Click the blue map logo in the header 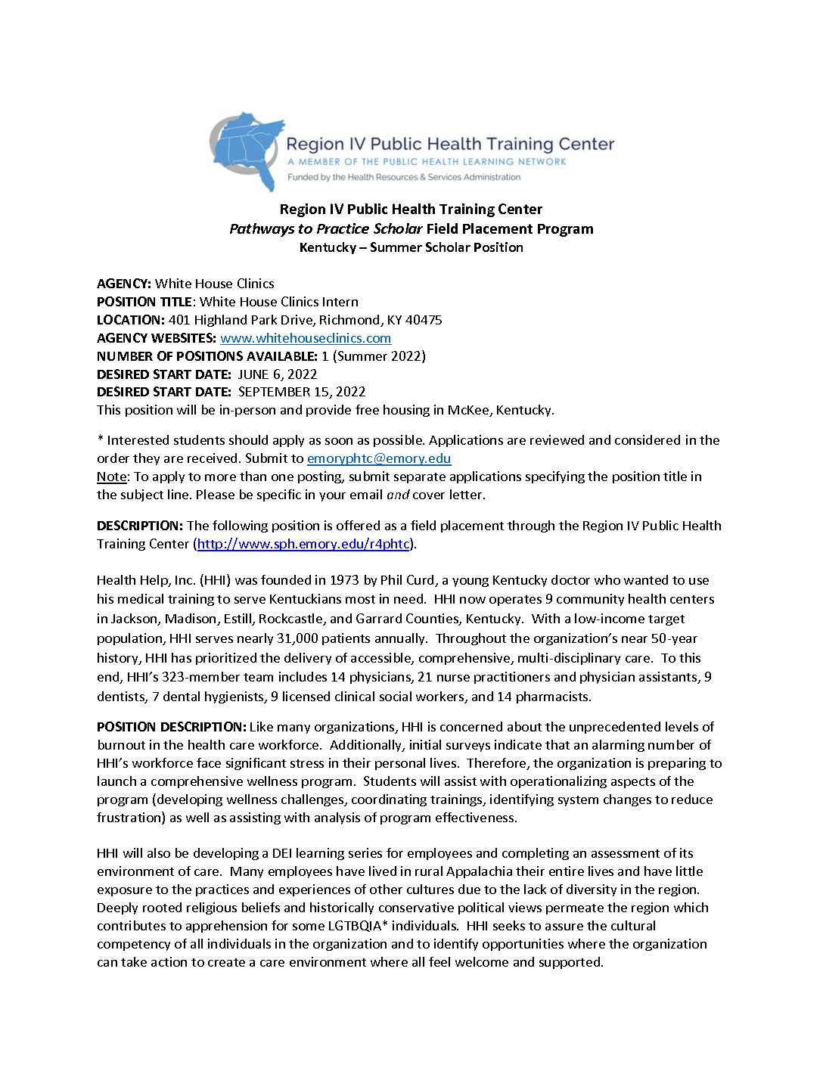(248, 151)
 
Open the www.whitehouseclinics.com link (306, 338)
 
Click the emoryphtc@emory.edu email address (379, 458)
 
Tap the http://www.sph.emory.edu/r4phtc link (303, 544)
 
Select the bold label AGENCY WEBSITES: (156, 338)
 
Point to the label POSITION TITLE (144, 302)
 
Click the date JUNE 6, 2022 (278, 374)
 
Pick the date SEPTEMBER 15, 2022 (302, 392)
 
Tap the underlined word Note (111, 477)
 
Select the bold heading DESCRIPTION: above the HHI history (140, 526)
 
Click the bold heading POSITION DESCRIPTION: (171, 727)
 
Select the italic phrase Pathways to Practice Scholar (326, 228)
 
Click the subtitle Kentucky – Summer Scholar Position (411, 247)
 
